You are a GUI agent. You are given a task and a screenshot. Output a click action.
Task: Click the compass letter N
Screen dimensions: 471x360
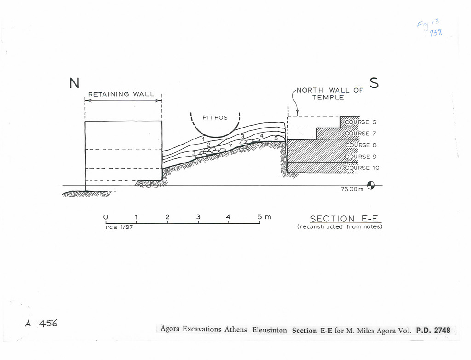[x=74, y=83]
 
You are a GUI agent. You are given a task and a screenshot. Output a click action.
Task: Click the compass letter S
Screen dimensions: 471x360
[x=373, y=83]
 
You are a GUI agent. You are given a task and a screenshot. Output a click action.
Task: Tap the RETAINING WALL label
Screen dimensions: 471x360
[x=121, y=94]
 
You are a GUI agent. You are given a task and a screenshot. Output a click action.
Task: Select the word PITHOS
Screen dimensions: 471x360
[x=215, y=117]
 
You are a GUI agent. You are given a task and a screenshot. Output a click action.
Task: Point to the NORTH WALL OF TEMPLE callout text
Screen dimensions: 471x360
[x=329, y=93]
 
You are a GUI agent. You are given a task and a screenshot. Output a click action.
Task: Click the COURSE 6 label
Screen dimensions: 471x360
[x=361, y=122]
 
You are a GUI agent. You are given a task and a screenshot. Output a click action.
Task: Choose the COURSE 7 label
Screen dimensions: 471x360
[x=361, y=134]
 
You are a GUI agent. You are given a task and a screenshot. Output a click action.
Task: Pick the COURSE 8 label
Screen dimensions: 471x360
[x=361, y=145]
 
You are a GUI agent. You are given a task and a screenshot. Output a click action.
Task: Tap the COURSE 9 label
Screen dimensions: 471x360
[x=361, y=157]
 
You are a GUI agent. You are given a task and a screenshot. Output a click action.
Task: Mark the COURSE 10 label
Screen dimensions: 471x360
[x=362, y=168]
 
